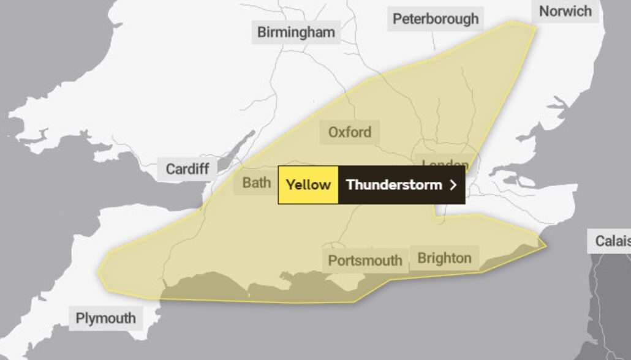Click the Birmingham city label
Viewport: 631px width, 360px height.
[x=296, y=32]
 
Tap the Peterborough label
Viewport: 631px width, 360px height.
[x=436, y=19]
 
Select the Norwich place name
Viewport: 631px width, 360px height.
[x=565, y=11]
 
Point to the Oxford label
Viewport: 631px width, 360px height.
[x=349, y=132]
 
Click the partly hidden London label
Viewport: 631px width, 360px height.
[x=445, y=163]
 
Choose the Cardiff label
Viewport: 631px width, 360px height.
[x=187, y=169]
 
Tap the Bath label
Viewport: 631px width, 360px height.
[x=256, y=182]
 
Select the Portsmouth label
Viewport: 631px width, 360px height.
[x=365, y=261]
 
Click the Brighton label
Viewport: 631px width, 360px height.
[x=444, y=258]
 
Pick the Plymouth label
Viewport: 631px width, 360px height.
[x=105, y=318]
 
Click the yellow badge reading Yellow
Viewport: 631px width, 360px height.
[x=308, y=185]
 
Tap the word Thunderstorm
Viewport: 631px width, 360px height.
[x=394, y=185]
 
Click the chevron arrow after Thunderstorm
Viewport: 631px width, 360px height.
[x=453, y=185]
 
